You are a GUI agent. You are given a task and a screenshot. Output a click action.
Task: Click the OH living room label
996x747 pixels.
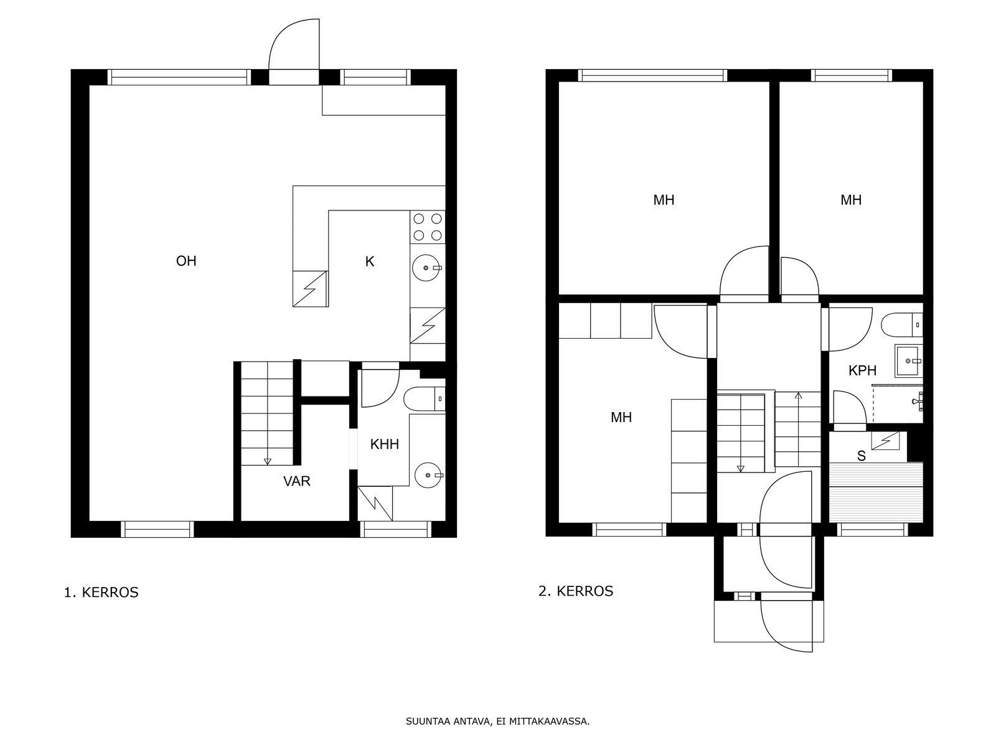186,261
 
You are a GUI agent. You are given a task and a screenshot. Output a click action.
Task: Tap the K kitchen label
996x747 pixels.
369,261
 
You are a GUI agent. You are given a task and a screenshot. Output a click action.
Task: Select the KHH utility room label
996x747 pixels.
384,444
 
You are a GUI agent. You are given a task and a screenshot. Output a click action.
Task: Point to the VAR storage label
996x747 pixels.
297,481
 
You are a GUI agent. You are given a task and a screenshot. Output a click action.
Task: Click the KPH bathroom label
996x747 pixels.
862,370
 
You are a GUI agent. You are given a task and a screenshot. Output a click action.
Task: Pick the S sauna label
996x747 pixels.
862,456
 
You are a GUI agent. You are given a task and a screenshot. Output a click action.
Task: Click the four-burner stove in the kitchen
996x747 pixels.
428,227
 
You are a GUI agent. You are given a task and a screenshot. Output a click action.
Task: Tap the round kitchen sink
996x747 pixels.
426,268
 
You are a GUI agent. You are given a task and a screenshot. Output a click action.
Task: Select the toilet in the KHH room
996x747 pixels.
425,399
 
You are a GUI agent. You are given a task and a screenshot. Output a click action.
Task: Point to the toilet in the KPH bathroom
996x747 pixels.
901,325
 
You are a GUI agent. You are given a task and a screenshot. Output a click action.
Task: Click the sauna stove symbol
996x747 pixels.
885,440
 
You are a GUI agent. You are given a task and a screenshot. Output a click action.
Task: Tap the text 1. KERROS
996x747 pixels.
101,593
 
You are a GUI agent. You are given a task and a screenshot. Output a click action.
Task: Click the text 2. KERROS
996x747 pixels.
576,591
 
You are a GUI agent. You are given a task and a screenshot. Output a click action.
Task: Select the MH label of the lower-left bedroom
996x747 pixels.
621,417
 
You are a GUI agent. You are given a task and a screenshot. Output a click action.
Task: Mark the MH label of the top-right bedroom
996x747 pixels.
851,200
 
